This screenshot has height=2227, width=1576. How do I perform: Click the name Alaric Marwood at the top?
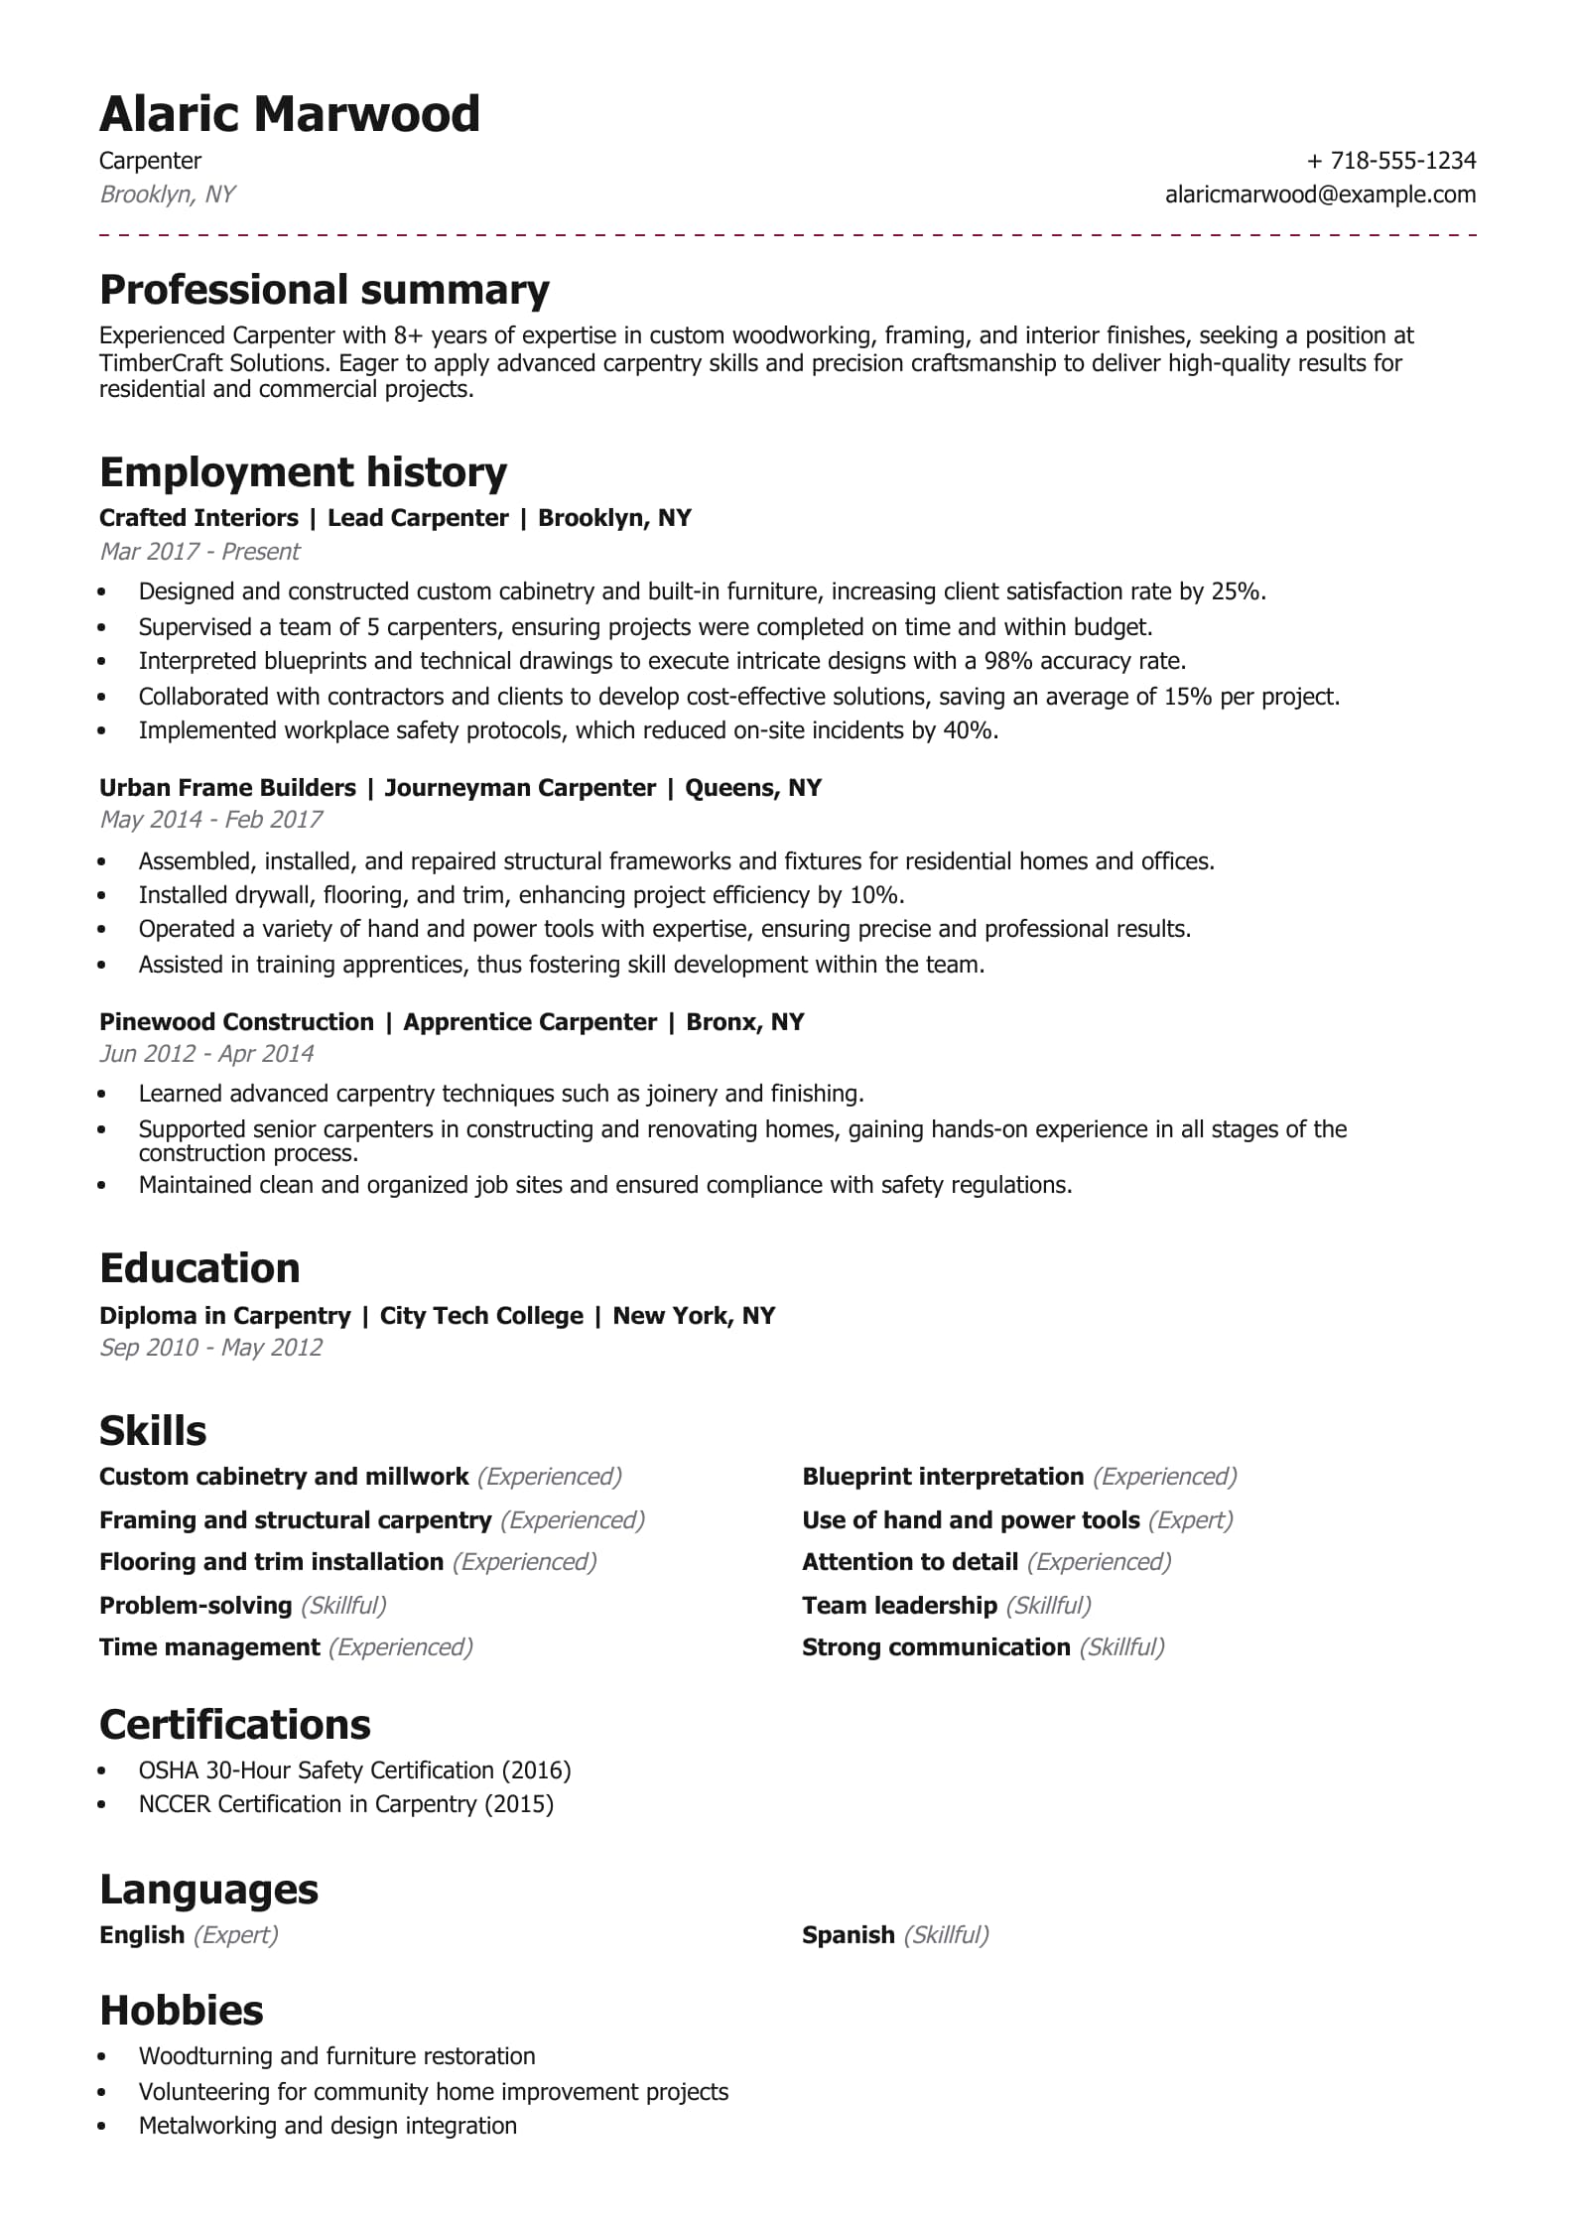coord(289,114)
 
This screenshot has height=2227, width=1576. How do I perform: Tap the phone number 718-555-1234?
coord(1402,161)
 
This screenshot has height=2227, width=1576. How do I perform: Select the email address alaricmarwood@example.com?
coord(1320,195)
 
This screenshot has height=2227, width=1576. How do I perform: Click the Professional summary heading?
coord(325,290)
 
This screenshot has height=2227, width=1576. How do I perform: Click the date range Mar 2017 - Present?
coord(199,552)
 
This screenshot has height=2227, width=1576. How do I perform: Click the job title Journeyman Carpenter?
coord(520,788)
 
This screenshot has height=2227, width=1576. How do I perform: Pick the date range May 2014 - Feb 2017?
coord(211,820)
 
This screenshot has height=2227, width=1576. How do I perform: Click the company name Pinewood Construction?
coord(236,1022)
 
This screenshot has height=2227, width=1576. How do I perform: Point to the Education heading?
coord(199,1268)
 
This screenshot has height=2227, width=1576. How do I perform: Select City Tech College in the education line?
coord(481,1316)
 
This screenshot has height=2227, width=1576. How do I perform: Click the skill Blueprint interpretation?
coord(942,1477)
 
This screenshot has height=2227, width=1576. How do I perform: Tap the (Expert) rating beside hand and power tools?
coord(1190,1520)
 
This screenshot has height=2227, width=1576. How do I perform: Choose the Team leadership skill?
coord(899,1606)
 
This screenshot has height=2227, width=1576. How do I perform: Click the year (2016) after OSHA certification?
coord(536,1770)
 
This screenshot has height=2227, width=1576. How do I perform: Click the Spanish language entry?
coord(848,1935)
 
